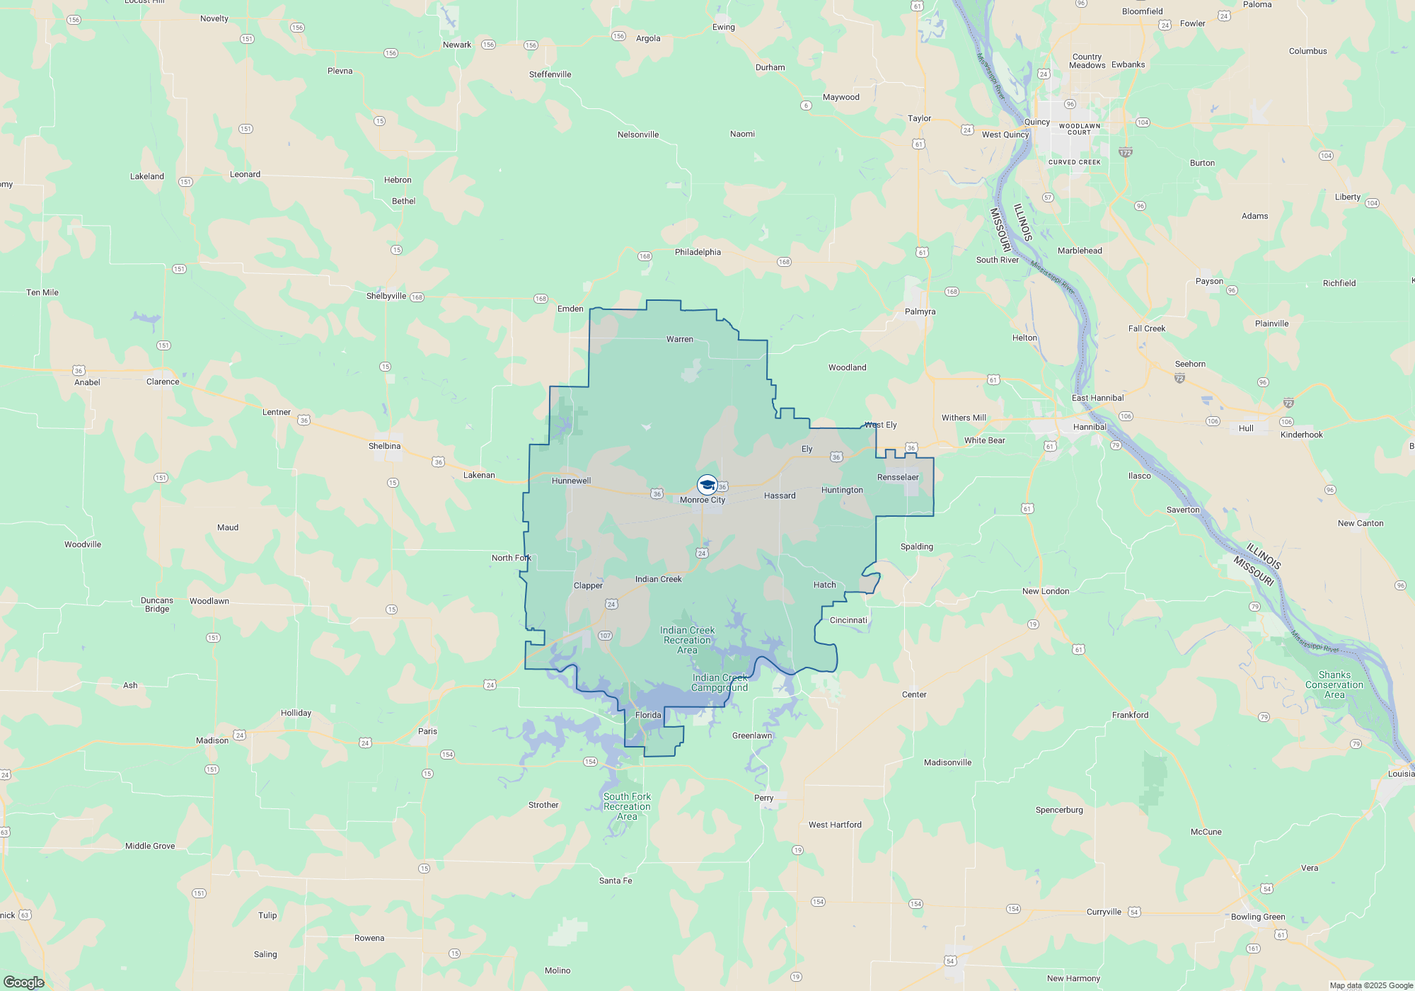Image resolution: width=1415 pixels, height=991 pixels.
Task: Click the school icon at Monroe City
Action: coord(707,485)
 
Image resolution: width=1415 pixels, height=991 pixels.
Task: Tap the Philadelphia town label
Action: coord(698,252)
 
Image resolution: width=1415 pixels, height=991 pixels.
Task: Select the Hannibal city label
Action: coord(1090,427)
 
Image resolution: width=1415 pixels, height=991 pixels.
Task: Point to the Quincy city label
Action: coord(1036,122)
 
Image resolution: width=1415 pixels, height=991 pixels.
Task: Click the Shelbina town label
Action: coord(384,446)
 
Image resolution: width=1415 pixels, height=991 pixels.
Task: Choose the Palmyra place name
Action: coord(920,311)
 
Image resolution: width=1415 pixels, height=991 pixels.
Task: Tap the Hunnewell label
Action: coord(571,481)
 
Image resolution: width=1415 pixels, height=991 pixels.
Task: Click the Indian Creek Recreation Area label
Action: coord(687,640)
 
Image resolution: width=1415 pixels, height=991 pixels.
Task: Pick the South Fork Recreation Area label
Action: coord(627,806)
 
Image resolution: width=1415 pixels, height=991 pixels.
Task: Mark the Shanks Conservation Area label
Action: coord(1334,684)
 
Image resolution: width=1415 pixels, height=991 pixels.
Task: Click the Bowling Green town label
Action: coord(1258,917)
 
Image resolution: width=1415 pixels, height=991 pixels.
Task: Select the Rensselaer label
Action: coord(898,477)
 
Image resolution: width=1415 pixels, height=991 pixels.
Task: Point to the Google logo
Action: coord(24,982)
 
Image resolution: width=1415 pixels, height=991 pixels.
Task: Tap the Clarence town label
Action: coord(163,382)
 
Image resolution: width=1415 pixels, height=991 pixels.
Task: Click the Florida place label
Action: coord(648,715)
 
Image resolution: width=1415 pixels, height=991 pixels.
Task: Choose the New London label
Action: coord(1046,591)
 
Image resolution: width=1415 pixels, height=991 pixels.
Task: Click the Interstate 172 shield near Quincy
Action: coord(1126,152)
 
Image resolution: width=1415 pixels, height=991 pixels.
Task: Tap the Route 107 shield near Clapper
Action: coord(605,636)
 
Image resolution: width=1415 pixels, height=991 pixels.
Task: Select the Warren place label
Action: coord(679,339)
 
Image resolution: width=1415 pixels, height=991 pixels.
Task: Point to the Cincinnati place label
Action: coord(848,620)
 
